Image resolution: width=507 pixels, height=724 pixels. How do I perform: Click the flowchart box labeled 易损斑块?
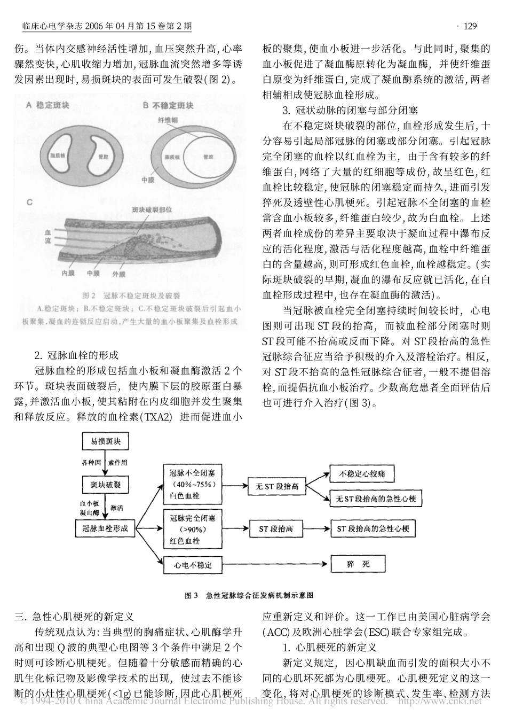pos(105,442)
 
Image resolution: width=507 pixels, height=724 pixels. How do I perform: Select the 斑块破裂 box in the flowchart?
pos(105,485)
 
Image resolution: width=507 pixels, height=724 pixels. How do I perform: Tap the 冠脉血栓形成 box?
pos(105,528)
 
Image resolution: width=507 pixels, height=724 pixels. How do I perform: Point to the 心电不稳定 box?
pos(193,564)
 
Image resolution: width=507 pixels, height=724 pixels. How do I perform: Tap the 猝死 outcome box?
pos(358,564)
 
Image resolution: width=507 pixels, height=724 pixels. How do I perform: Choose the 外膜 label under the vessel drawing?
pos(118,274)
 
